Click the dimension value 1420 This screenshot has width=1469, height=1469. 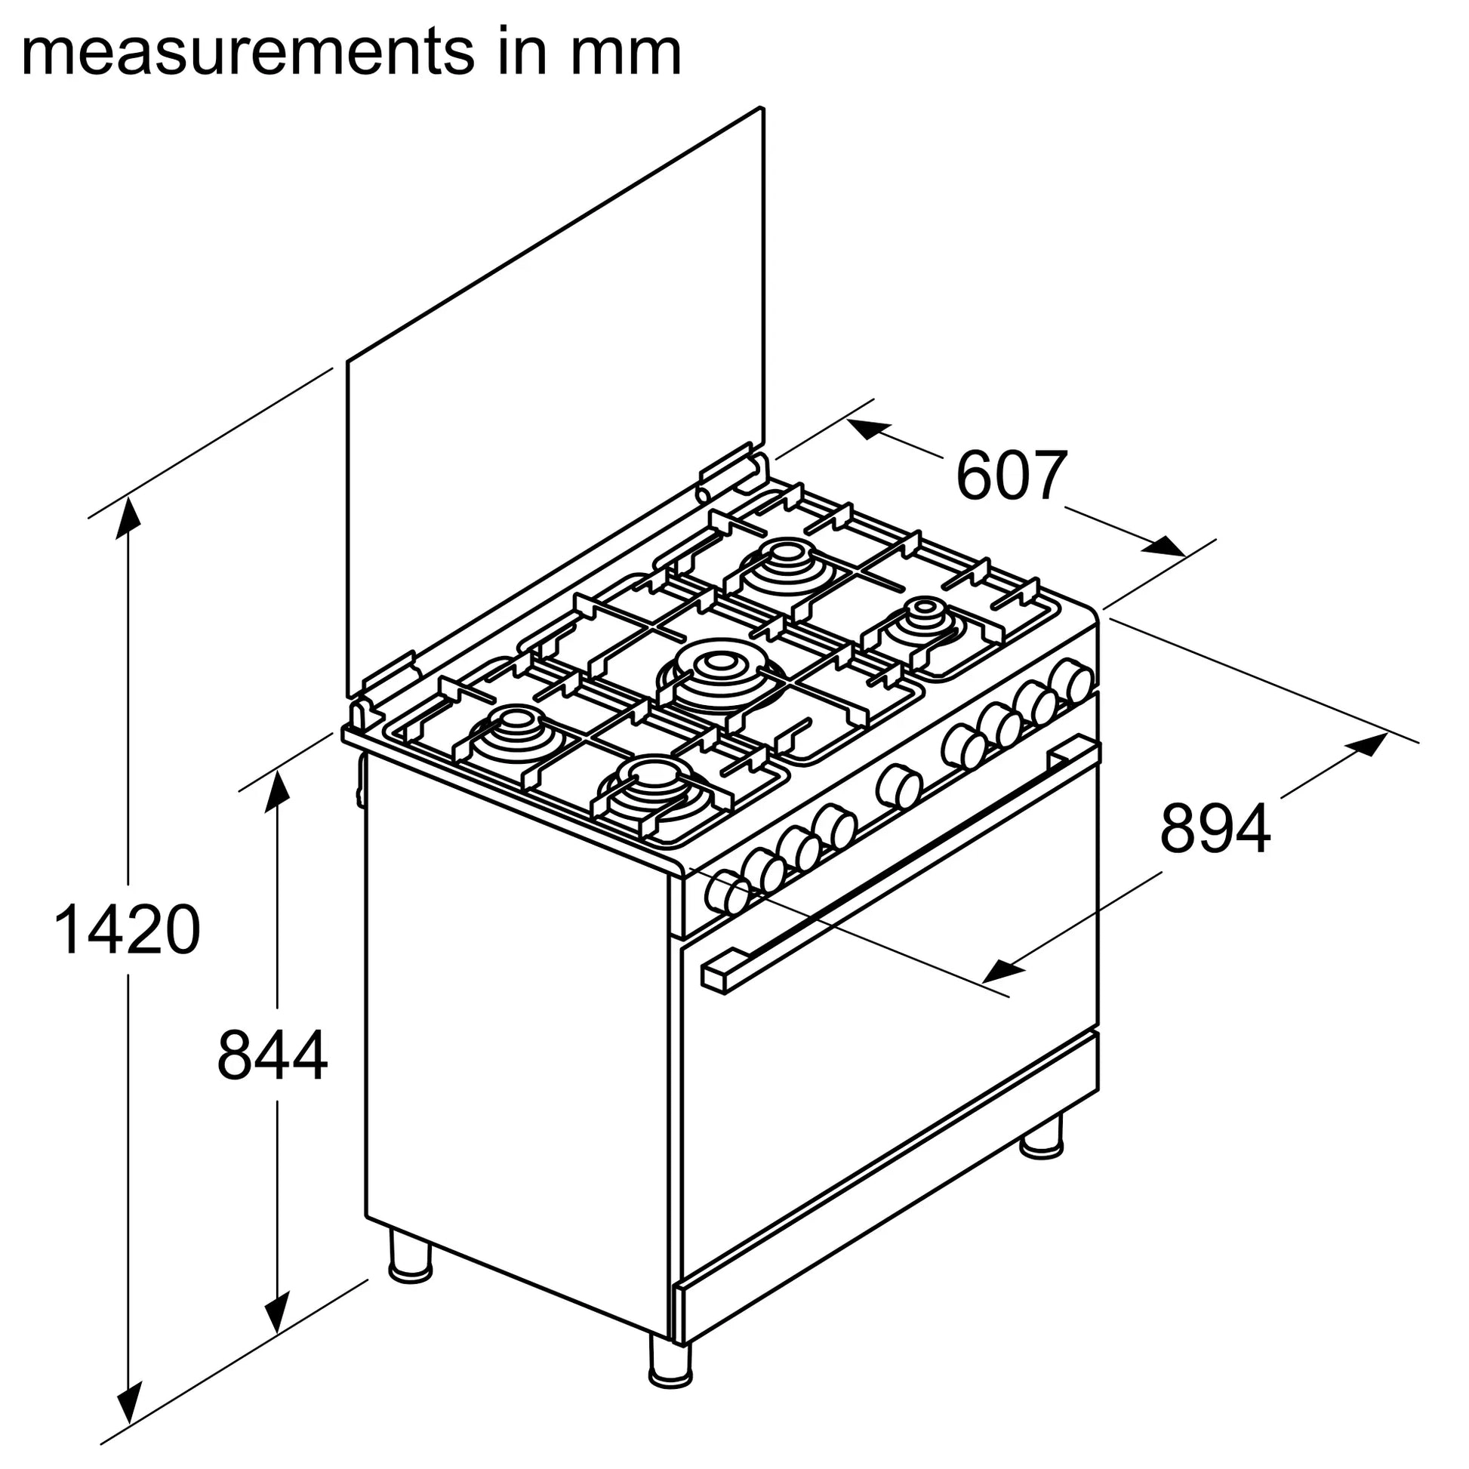tap(127, 930)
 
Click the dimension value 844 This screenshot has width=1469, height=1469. tap(272, 1055)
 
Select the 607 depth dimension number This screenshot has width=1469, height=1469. tap(1011, 477)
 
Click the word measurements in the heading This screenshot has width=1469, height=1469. tap(242, 54)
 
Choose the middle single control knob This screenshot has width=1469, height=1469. tap(900, 787)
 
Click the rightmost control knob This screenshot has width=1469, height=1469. tap(1072, 681)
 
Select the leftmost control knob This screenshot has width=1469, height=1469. tap(726, 894)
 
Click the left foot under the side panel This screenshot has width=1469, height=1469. tap(410, 1256)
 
